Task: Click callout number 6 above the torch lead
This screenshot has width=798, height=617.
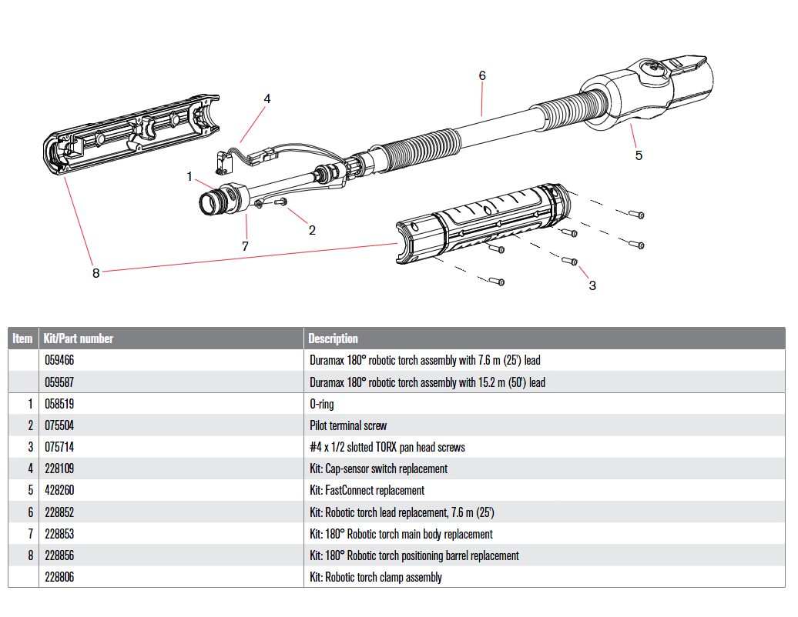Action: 482,75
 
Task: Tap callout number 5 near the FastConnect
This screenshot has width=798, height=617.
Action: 639,155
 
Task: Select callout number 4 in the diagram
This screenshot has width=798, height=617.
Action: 267,98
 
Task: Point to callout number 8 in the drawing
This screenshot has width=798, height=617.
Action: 96,272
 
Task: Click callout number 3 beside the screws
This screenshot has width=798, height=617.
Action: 592,285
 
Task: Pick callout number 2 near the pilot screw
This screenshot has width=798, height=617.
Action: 312,229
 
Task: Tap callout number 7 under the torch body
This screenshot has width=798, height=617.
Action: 246,246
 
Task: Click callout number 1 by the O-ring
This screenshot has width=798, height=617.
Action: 189,176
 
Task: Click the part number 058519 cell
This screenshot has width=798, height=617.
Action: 59,404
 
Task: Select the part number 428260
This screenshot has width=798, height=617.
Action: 59,490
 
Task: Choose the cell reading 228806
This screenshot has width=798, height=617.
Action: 59,577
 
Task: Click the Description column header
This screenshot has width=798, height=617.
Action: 333,339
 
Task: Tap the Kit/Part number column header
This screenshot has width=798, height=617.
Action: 79,339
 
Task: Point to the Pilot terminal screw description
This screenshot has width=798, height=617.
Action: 348,425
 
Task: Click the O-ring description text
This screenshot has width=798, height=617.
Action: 322,404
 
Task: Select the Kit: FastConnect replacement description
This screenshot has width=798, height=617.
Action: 367,490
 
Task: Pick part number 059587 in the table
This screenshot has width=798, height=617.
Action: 59,382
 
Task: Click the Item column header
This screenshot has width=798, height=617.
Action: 23,339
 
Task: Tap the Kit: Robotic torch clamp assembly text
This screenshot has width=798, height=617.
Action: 376,577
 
